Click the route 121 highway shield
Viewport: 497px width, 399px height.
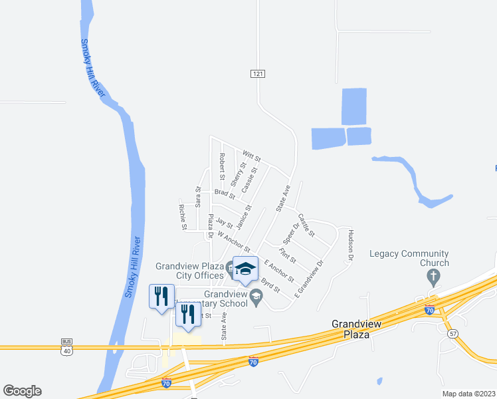pos(258,73)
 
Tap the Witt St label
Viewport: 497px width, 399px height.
pos(252,156)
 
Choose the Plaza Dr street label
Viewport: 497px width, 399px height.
pos(211,227)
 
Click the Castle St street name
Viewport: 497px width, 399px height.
pos(306,226)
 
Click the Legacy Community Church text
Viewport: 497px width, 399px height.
pos(409,258)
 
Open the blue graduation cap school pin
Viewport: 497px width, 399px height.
pos(245,269)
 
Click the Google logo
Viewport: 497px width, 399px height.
pos(22,391)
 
